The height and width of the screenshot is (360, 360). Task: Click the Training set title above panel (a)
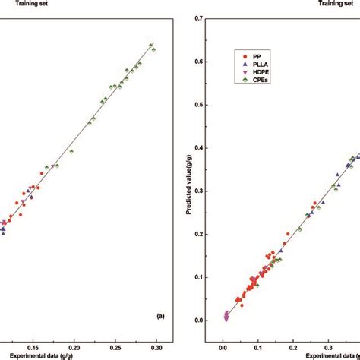coord(21,3)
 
